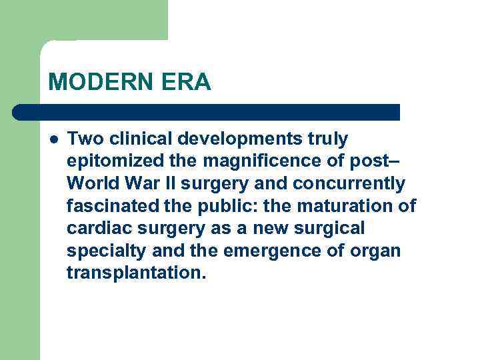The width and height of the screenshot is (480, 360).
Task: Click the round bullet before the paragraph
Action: click(53, 139)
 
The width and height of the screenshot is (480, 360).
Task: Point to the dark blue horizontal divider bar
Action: click(207, 112)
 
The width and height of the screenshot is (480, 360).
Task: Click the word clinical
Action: click(135, 139)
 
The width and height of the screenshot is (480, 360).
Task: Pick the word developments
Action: click(238, 139)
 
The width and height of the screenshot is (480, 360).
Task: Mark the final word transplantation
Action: click(132, 273)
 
